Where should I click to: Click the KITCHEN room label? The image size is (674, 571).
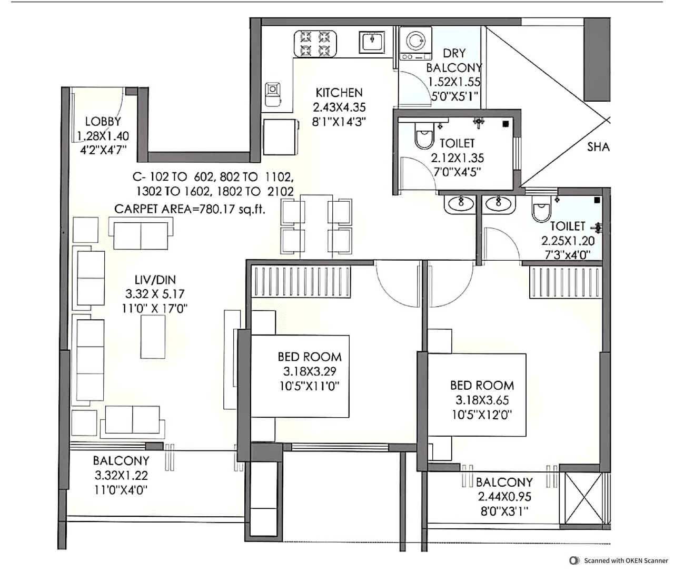pos(339,93)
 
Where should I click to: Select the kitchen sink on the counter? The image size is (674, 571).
pos(373,41)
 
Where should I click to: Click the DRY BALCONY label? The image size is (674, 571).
pos(454,61)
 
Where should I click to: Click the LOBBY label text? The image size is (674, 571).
pos(103,122)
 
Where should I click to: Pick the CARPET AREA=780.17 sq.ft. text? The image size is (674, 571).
pos(190,209)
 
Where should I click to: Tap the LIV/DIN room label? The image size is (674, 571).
pos(155,280)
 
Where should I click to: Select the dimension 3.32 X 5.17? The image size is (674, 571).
pos(155,294)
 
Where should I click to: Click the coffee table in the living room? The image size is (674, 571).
pos(153,337)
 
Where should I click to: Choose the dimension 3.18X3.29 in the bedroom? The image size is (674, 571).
pos(310,371)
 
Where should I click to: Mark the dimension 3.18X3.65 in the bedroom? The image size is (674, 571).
pos(482,400)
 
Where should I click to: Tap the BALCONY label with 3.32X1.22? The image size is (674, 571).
pos(121,461)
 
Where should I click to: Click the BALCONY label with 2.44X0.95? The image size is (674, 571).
pos(504,482)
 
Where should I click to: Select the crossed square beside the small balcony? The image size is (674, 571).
pos(583,498)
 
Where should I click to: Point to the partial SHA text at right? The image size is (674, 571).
pos(598,146)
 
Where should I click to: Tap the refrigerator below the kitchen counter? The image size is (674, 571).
pos(280,136)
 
